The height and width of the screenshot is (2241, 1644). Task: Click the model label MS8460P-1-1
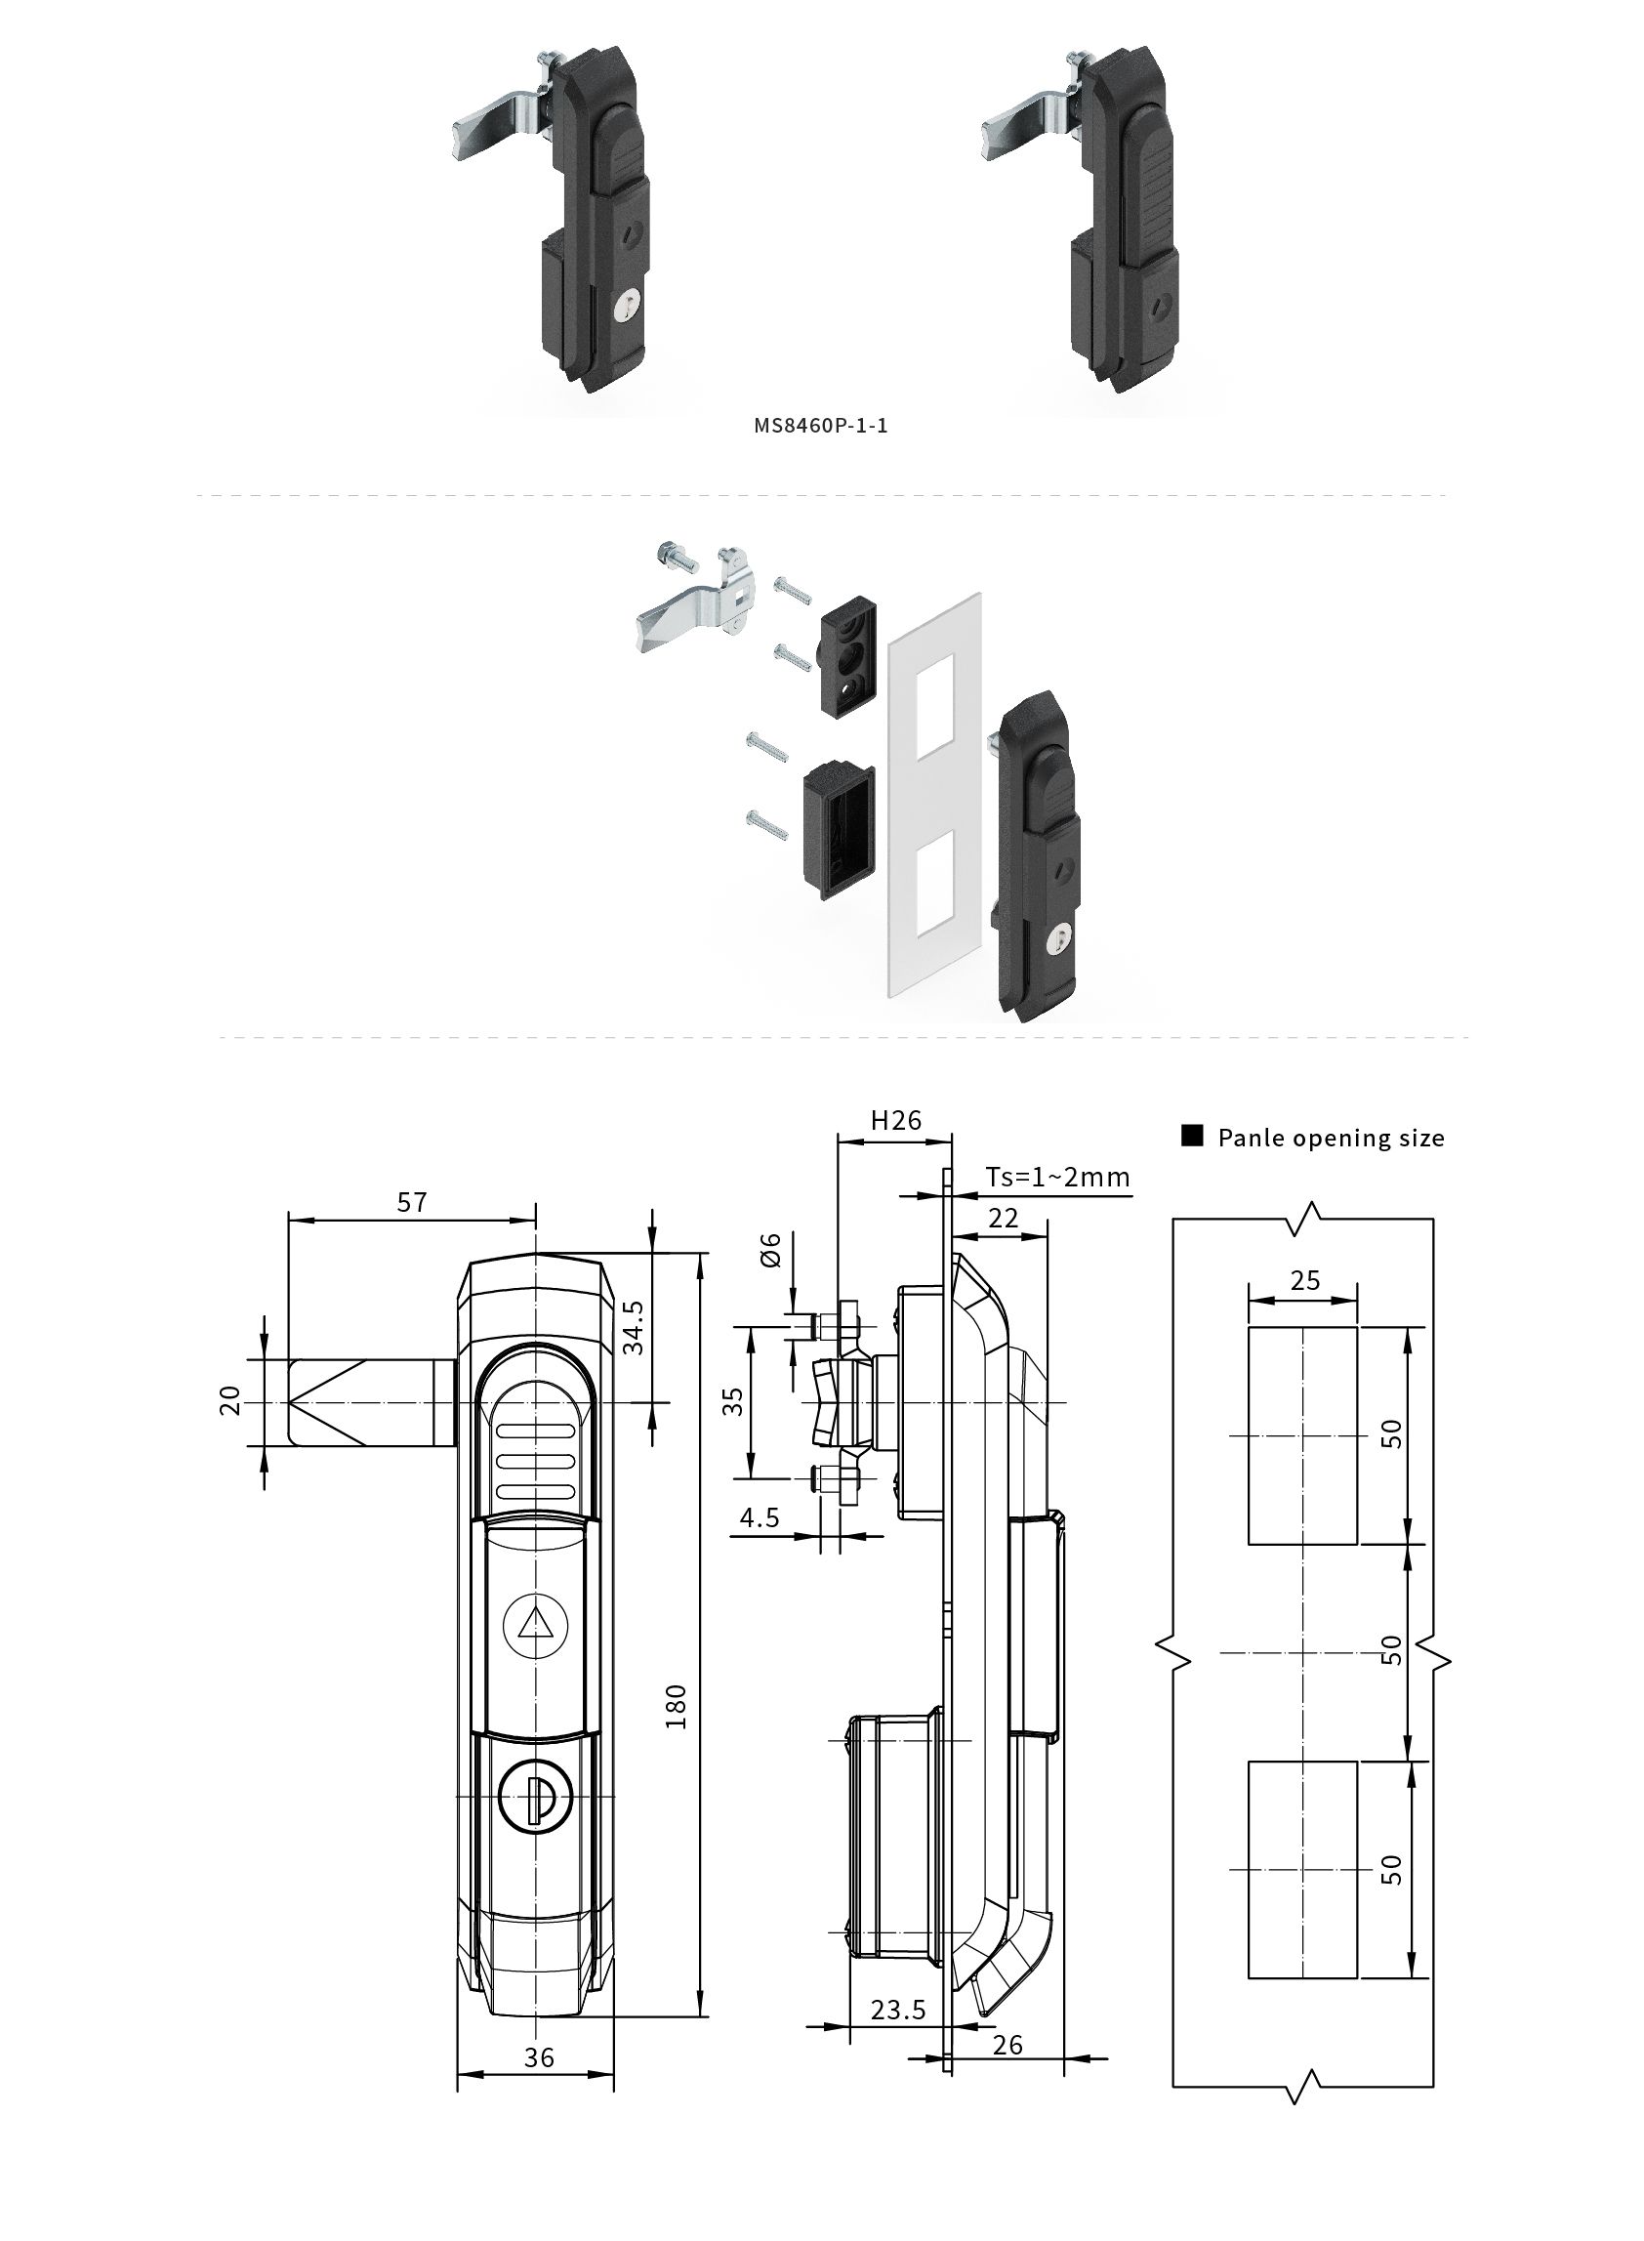click(x=820, y=426)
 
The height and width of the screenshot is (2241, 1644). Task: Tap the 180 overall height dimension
click(x=676, y=1707)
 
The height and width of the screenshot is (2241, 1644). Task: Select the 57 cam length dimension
click(x=412, y=1202)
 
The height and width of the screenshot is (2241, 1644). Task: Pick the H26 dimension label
click(x=895, y=1121)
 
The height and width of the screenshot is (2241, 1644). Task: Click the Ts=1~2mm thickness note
click(x=1058, y=1178)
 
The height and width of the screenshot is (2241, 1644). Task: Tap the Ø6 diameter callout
click(x=770, y=1250)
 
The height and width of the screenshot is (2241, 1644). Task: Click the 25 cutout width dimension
click(x=1304, y=1280)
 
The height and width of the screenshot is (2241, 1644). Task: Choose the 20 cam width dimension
click(x=229, y=1400)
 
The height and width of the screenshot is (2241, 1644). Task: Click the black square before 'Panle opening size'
click(x=1192, y=1137)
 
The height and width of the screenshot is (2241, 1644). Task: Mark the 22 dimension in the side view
click(x=1004, y=1218)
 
